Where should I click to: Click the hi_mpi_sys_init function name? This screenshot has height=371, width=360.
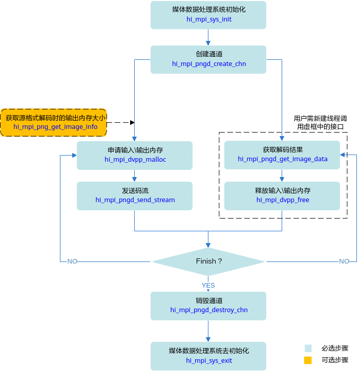pos(209,19)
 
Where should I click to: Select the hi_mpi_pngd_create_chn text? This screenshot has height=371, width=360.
pos(209,63)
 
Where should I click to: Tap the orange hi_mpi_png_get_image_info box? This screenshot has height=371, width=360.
pos(54,123)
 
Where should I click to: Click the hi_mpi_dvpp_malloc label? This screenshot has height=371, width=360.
pos(135,160)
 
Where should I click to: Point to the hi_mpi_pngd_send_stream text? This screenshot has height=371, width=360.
pos(135,200)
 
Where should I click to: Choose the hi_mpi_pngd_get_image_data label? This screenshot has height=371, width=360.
pos(283,159)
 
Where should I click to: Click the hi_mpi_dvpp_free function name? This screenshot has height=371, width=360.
pos(283,200)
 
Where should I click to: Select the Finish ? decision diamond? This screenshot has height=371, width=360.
pos(208,261)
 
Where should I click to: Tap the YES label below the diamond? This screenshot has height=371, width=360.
pos(208,286)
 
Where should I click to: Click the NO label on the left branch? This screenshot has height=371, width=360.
pos(72,261)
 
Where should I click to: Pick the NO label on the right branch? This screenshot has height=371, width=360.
pos(344,261)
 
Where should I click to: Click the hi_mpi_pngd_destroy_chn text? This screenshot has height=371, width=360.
pos(209,310)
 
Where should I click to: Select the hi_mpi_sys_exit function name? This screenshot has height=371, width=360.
pos(209,361)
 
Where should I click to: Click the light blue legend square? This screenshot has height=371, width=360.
pos(308,348)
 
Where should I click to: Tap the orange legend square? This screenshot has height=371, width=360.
pos(308,360)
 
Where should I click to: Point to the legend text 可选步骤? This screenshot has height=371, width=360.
pos(335,360)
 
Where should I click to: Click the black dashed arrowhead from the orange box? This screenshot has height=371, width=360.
pos(133,123)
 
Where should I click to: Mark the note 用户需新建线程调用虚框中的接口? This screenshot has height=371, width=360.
pos(320,123)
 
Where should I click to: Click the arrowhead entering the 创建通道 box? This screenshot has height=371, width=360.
pos(208,43)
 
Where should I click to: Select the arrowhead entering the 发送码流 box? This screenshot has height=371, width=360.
pos(134,179)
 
